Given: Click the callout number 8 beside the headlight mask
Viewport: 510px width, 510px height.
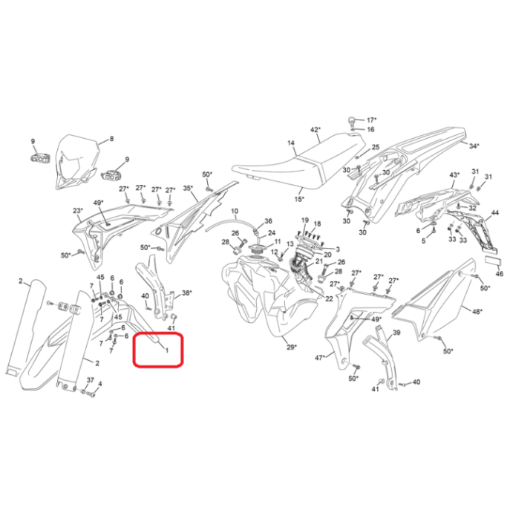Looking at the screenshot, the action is point(111,139).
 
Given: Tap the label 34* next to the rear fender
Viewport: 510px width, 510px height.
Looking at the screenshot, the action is point(474,146).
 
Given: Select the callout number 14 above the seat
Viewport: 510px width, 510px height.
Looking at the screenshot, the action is point(291,143).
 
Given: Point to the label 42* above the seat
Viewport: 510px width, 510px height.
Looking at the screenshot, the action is point(316,130).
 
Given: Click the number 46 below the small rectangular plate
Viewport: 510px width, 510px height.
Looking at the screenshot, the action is point(500,274).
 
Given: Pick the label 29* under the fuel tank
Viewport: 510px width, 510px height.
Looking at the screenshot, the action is point(292,347).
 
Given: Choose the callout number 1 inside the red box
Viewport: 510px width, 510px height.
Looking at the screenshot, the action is point(167,350).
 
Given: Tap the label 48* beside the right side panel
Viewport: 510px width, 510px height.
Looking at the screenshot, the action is point(477,312).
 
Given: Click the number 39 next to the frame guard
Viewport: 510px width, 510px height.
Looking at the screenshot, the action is point(396,333).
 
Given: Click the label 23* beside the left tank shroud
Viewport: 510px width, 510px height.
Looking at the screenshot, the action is point(78,210).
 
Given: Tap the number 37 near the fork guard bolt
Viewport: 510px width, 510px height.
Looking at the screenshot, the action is point(90,380).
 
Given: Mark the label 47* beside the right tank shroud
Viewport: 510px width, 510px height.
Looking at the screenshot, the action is point(320,358).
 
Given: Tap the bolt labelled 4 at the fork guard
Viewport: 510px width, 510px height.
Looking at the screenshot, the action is point(92,394).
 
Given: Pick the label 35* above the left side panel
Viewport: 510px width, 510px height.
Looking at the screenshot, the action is point(188,188).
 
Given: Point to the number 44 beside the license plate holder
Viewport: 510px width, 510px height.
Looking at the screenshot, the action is point(494,213).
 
